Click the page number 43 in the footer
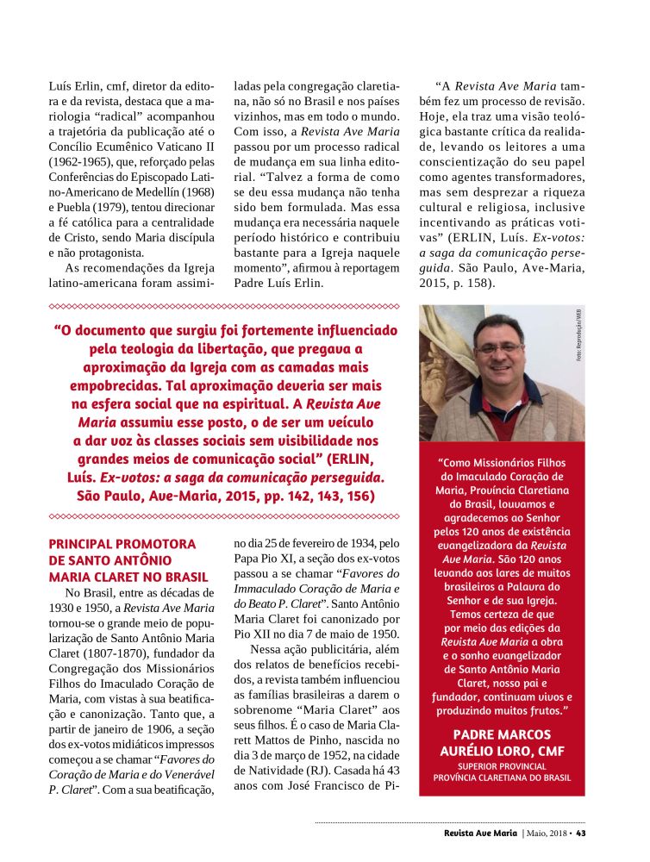click(x=581, y=834)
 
